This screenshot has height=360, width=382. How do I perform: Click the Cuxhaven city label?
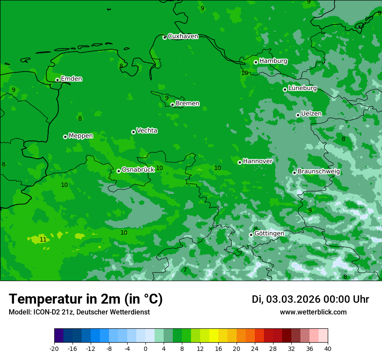point(183,36)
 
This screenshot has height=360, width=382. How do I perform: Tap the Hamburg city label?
point(273,61)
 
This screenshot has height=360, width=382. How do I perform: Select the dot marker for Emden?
point(57,80)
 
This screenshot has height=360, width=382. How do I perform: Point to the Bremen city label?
point(188,104)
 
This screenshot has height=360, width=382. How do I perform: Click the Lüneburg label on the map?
point(302,88)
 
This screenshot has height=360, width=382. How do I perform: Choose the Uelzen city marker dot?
point(298,115)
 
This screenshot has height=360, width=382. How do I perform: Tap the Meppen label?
point(81,136)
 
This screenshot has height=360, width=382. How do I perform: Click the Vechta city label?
point(147,131)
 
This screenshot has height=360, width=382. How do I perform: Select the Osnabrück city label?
point(138,170)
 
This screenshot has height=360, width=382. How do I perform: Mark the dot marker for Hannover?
point(240,162)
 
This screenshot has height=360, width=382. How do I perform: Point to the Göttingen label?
point(269,234)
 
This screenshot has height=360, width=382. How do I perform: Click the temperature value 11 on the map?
point(43,239)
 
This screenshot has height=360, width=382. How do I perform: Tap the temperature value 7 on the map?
point(185,270)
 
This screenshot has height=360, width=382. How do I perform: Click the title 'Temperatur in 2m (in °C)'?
point(86,299)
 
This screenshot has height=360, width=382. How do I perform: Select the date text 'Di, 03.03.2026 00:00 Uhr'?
point(310,299)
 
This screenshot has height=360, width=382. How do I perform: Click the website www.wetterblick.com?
point(313,312)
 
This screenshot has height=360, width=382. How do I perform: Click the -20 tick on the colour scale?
point(54,349)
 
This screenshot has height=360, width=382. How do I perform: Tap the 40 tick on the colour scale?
point(328,349)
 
